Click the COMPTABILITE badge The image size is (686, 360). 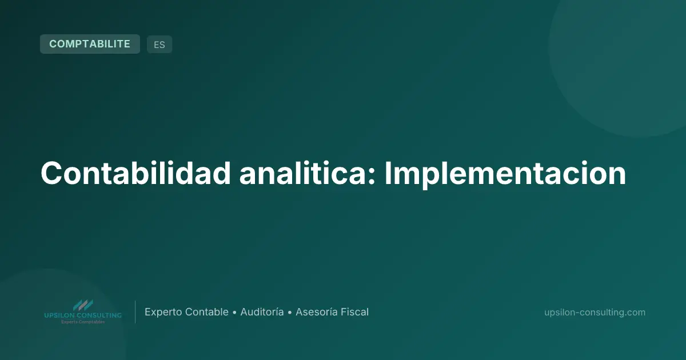point(90,44)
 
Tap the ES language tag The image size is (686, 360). point(159,45)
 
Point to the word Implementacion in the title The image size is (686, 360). point(505,174)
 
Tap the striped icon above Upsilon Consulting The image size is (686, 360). point(83,305)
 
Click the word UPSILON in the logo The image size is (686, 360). point(59,315)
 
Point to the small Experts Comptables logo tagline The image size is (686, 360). point(83,322)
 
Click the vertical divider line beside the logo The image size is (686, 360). point(135,312)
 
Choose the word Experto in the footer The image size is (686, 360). point(163,312)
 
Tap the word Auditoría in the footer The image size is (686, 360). point(262,312)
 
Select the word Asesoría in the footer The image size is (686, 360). point(316,312)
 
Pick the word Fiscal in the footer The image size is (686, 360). point(354,312)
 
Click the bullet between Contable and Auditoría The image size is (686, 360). point(234,313)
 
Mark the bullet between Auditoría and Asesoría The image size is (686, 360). point(290,313)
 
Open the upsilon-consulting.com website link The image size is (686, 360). point(595,312)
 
